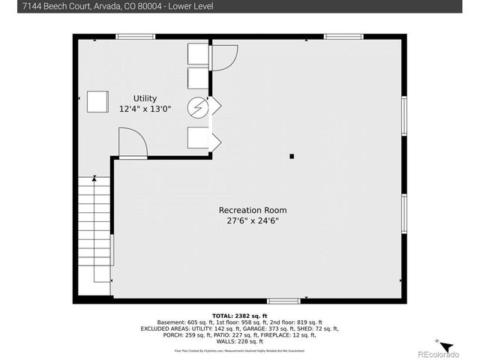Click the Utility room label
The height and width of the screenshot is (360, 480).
point(145,98)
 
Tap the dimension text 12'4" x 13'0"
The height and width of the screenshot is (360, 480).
point(145,109)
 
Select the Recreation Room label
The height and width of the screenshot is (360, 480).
point(252,210)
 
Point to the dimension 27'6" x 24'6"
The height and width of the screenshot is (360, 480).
point(252,220)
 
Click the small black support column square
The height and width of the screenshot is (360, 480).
point(292,156)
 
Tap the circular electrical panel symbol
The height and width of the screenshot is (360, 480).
point(198,108)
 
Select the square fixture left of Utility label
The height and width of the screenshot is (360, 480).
point(97,101)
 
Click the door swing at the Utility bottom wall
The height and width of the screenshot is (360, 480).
point(131,143)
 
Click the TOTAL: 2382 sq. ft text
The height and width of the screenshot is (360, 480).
point(239,315)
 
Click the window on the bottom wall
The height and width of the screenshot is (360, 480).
point(283,301)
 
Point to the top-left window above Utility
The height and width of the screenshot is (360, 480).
point(136,36)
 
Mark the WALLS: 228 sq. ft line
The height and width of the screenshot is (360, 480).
point(239,342)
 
